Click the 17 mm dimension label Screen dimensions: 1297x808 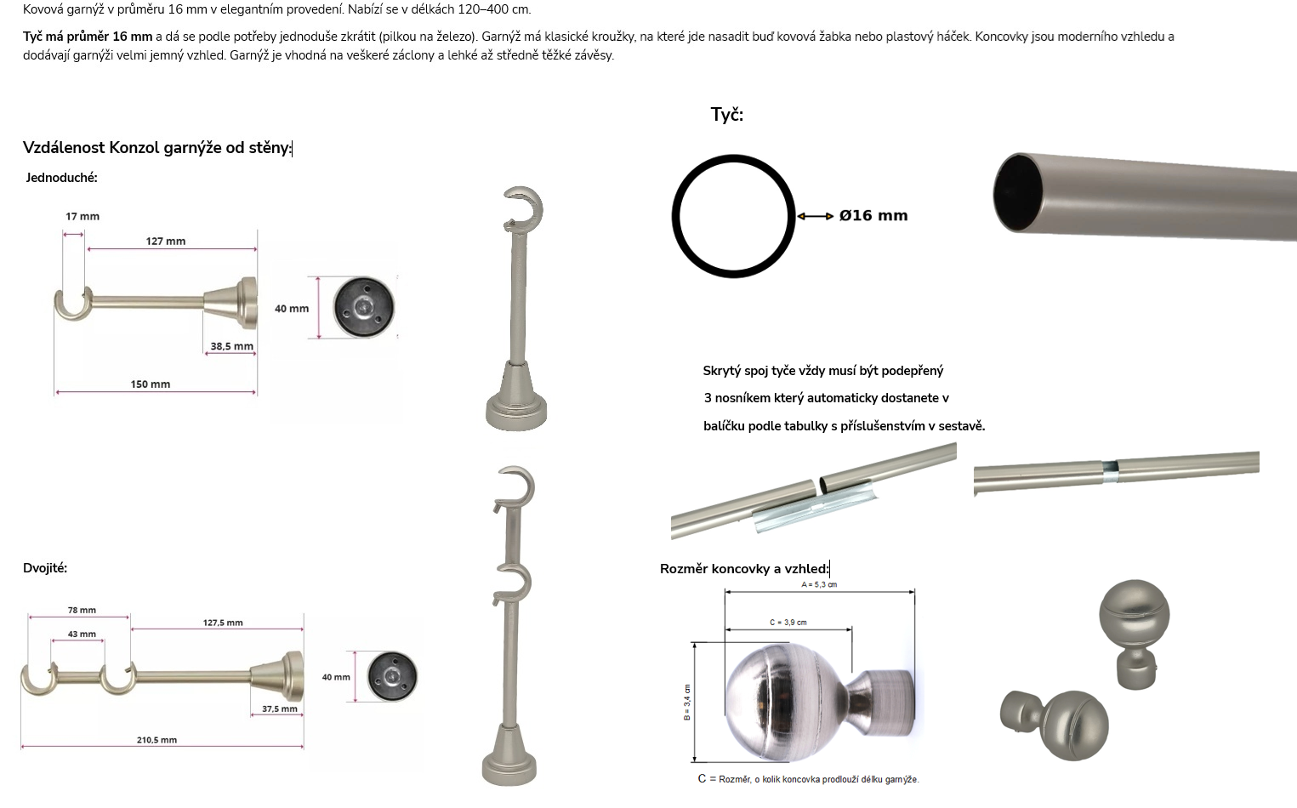[x=82, y=217]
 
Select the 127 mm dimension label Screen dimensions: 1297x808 [x=166, y=241]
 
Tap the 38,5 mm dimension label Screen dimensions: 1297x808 [x=231, y=346]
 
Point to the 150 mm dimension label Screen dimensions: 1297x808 [x=151, y=384]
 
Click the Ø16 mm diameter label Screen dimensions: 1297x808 [x=873, y=215]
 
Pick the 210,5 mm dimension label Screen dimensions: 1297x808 [x=156, y=740]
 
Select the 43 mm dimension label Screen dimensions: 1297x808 [x=82, y=634]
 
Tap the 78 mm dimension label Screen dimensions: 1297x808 [x=82, y=610]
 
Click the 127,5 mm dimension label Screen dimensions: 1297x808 [x=223, y=623]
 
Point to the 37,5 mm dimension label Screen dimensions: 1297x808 [x=280, y=709]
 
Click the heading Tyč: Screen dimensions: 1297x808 [x=726, y=115]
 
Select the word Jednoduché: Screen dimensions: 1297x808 [x=61, y=178]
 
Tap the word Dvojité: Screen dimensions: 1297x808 [x=45, y=568]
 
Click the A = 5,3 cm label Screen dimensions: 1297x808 [x=819, y=584]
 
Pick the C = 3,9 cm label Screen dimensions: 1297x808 [x=788, y=623]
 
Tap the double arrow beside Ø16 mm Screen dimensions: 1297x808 [x=816, y=216]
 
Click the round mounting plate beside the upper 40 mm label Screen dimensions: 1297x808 [x=364, y=307]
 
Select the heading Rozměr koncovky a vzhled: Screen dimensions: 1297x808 [x=745, y=569]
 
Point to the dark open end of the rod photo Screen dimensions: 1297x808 [x=1017, y=193]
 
